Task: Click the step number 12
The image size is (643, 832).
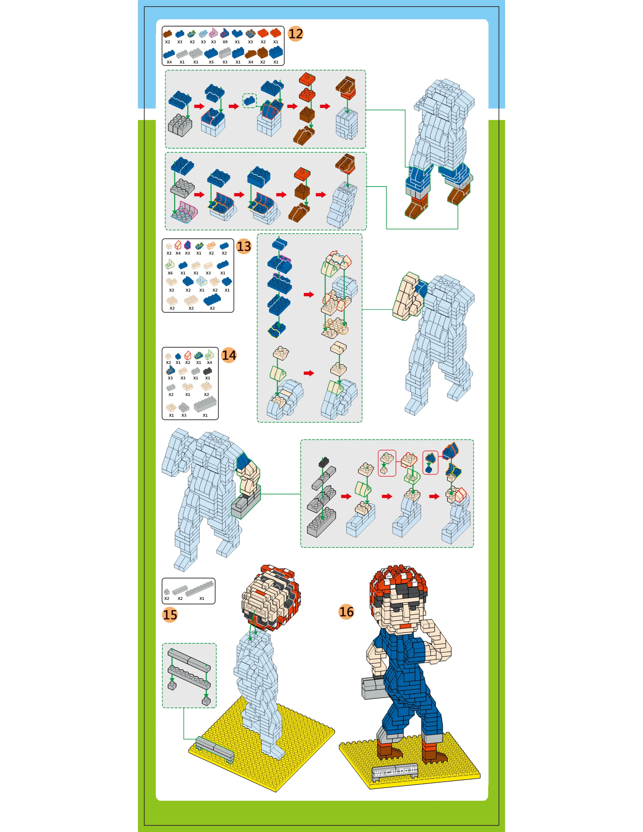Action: point(295,34)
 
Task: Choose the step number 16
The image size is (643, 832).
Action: point(346,612)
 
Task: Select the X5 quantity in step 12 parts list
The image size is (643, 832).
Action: point(211,62)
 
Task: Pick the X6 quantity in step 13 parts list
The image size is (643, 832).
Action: point(170,273)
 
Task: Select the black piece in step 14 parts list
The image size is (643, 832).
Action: point(208,371)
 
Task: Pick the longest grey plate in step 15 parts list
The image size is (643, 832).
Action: point(199,588)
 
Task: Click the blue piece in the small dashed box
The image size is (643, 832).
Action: point(249,101)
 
